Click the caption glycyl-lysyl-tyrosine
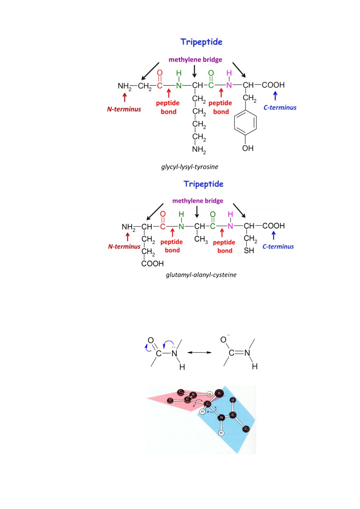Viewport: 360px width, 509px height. click(190, 167)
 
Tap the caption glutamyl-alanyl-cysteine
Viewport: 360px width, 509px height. click(201, 275)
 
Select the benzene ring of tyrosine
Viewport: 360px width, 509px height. click(245, 123)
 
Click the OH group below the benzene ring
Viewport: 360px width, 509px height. click(248, 148)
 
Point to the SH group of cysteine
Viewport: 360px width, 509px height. click(249, 250)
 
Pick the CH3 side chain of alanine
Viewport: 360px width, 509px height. click(201, 239)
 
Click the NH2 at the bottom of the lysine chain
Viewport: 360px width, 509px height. click(199, 150)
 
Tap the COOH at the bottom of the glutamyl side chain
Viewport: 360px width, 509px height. click(152, 264)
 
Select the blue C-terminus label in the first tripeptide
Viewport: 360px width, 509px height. click(280, 107)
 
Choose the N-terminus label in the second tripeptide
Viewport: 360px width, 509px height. click(124, 247)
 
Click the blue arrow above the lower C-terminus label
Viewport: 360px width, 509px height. click(274, 235)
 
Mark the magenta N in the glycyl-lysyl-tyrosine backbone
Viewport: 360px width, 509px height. click(229, 85)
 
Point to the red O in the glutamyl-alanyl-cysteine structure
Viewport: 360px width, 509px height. click(163, 214)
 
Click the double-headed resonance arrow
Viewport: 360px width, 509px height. click(200, 353)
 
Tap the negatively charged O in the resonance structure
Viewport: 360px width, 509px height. click(224, 340)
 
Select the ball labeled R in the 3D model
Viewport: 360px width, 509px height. click(219, 393)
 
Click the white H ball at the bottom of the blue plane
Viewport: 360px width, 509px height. click(221, 433)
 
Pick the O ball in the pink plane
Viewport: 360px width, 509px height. click(170, 400)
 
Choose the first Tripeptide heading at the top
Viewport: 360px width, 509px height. click(201, 42)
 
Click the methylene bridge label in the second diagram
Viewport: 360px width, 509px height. click(198, 201)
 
